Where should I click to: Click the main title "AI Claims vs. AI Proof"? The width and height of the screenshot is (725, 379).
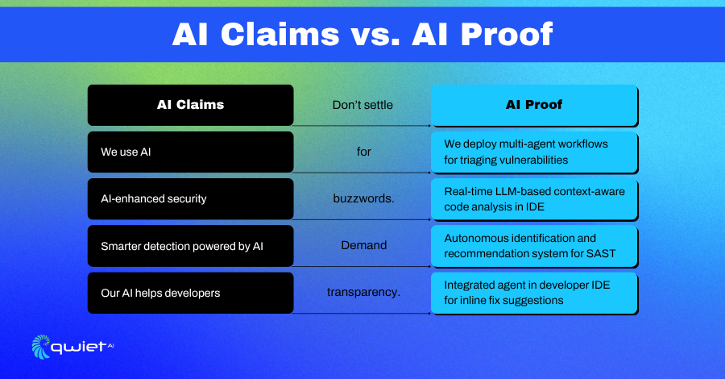point(362,34)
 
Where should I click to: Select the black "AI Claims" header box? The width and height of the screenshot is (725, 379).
point(190,105)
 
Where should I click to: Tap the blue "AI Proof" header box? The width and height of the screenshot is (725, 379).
point(534,105)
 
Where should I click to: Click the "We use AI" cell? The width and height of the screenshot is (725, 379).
point(190,152)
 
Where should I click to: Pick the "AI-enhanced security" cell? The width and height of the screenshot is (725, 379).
point(190,199)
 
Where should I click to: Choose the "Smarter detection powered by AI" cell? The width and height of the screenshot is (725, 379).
point(190,246)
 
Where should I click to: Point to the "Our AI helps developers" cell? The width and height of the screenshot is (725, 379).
point(190,293)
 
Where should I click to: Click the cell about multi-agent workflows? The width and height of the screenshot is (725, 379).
point(534,152)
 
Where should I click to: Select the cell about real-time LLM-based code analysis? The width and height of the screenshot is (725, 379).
point(534,199)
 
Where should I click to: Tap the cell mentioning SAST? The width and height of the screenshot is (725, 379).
point(534,246)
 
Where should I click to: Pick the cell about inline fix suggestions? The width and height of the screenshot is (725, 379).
point(534,293)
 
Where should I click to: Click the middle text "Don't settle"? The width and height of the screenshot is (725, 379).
point(362,105)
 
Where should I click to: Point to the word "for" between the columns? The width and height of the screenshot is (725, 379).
point(364,152)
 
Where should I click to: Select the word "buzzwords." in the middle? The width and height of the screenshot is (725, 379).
point(363,198)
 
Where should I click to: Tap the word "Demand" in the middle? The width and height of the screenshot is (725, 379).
point(364,245)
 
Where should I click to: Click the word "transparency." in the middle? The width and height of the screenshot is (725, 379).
point(363,293)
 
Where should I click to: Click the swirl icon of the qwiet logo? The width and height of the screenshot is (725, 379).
point(41,347)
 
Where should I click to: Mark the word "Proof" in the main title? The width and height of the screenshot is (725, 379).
point(507,34)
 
